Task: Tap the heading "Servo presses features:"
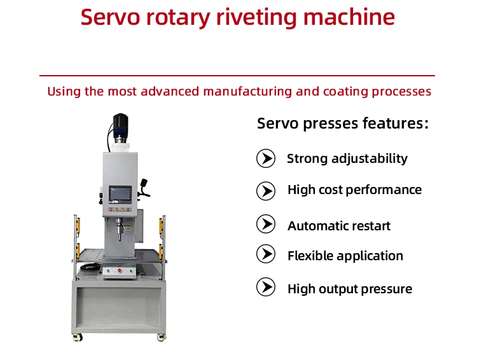coord(343,123)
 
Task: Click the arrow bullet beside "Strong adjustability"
coord(265,158)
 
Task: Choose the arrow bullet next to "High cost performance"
coord(265,190)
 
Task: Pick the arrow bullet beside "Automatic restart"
coord(265,225)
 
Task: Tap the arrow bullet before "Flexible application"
coord(265,254)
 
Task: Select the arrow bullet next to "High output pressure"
coord(265,287)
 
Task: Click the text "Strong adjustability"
coord(347,158)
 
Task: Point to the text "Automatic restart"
coord(338,226)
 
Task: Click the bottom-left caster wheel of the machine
coord(79,337)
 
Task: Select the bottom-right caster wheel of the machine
coord(163,337)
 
